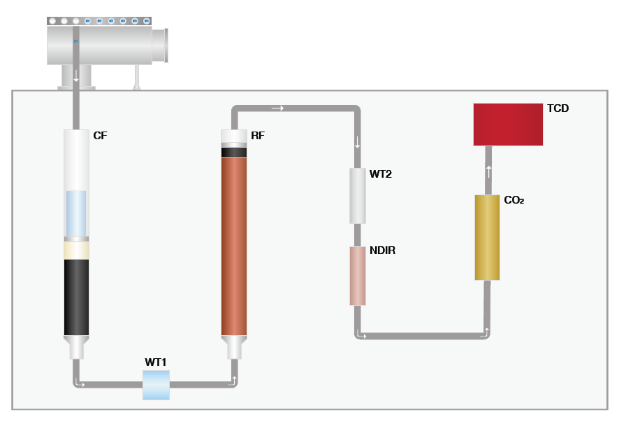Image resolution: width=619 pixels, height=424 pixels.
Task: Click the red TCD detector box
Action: [508, 125]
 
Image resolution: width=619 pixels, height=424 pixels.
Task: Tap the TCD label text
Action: [559, 108]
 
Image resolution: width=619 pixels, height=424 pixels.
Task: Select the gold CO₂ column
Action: [487, 237]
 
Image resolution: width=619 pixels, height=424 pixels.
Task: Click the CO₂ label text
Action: [514, 200]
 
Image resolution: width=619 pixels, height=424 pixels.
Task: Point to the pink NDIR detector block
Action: [358, 276]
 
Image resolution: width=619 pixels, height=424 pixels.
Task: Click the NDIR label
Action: [383, 250]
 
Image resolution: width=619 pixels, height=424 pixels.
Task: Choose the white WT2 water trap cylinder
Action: [358, 196]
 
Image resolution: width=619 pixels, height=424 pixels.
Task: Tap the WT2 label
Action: [381, 174]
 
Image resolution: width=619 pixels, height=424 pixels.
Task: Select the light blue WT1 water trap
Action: [156, 385]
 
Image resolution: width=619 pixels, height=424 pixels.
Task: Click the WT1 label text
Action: [156, 362]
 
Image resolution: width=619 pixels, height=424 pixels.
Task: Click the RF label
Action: [258, 135]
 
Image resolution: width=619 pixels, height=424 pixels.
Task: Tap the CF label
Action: [100, 135]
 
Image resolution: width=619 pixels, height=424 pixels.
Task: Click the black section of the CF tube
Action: [76, 297]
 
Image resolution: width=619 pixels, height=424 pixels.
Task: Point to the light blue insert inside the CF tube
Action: [76, 213]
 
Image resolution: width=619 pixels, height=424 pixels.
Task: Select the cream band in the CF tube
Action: [76, 250]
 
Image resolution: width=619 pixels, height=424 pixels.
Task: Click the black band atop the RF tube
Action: [234, 153]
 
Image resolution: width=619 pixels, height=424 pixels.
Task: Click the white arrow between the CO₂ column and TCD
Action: [488, 170]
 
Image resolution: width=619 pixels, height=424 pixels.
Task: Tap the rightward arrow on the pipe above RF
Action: [277, 108]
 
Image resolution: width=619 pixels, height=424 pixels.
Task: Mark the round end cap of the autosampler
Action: [161, 46]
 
